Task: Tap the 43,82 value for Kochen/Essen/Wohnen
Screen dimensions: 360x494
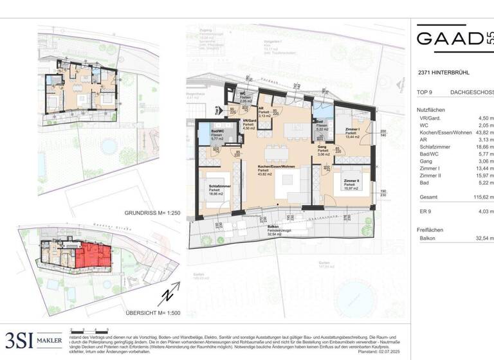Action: pyautogui.click(x=484, y=141)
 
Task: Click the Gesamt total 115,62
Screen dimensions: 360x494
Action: pyautogui.click(x=482, y=199)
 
